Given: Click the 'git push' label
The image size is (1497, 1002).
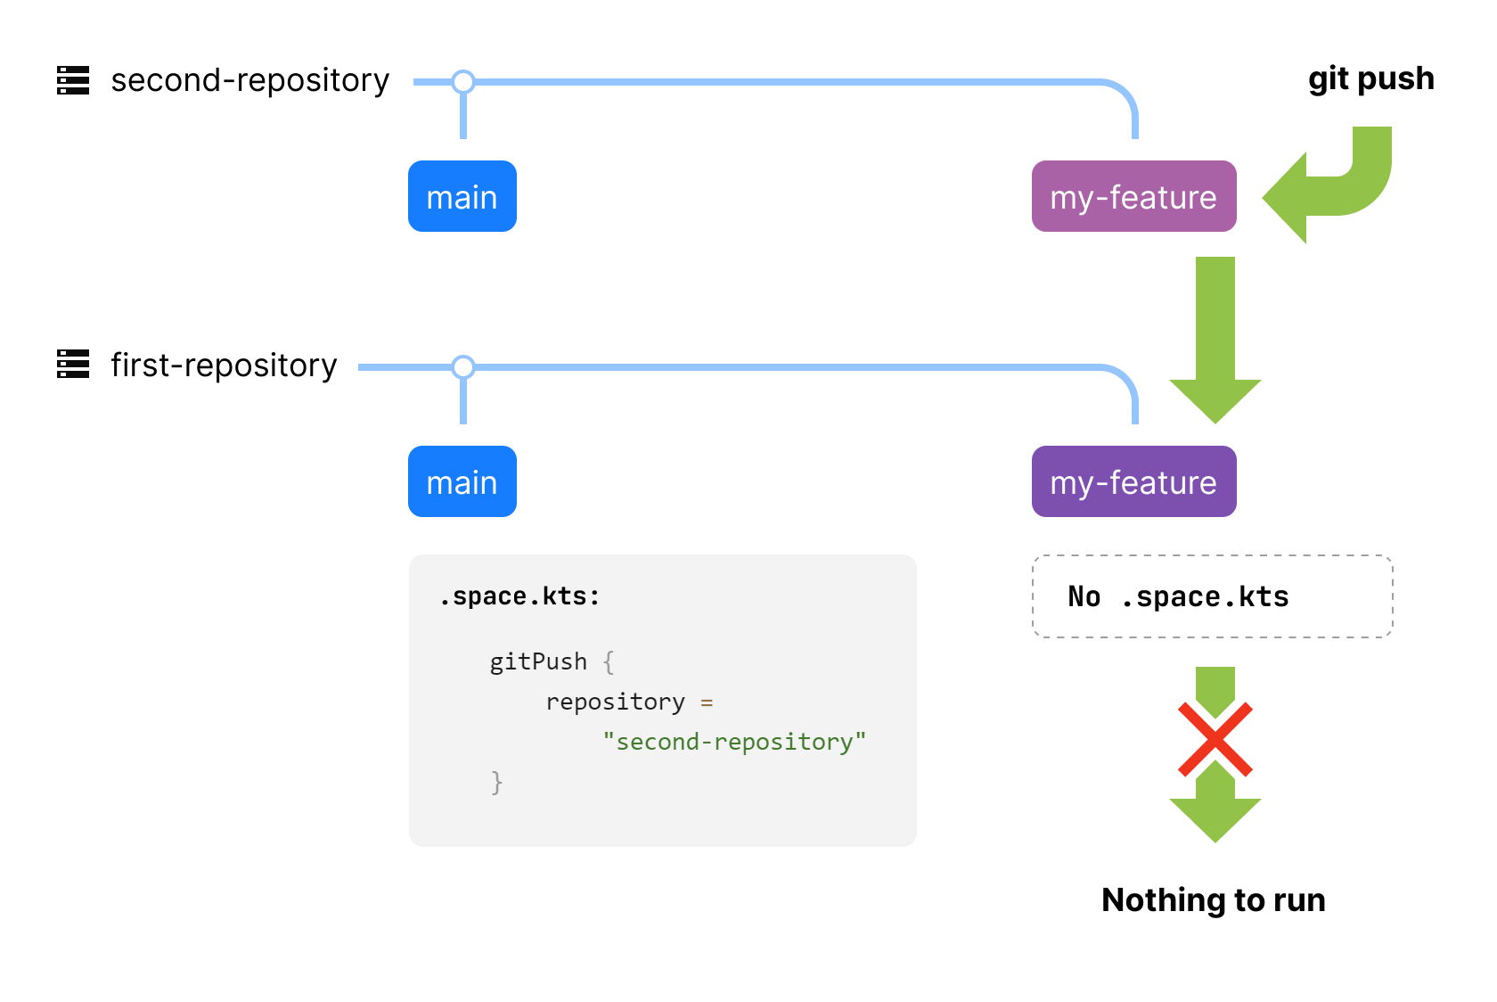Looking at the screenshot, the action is [x=1370, y=79].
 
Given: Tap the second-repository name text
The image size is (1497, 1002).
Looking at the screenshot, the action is [x=250, y=81].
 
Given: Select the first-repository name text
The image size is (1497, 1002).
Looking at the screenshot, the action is [x=224, y=365].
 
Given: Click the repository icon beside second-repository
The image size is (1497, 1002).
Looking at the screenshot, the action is [x=73, y=80].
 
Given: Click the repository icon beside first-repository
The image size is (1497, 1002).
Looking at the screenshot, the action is [x=73, y=364].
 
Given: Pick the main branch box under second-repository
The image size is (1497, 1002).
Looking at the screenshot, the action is [x=462, y=196].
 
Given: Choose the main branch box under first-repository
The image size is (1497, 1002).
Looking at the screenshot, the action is [x=462, y=481].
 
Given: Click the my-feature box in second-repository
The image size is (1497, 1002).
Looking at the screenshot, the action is [x=1134, y=196].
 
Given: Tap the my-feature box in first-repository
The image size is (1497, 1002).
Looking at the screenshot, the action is [x=1134, y=481].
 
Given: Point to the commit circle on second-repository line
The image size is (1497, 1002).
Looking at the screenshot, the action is [x=463, y=81].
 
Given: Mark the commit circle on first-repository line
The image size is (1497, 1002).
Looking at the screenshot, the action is [x=463, y=367].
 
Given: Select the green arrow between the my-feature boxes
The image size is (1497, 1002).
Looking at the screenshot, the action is [x=1215, y=340].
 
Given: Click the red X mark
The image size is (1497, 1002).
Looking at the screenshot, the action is [x=1215, y=739].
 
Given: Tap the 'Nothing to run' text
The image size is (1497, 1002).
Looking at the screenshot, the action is [x=1214, y=899].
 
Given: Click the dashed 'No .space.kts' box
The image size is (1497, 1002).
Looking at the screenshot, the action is [x=1212, y=596].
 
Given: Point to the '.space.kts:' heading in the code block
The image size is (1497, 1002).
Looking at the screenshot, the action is [x=519, y=596].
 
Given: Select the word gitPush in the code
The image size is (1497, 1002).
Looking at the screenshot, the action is [x=538, y=661].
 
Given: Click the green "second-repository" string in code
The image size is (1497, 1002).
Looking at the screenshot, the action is [x=734, y=742].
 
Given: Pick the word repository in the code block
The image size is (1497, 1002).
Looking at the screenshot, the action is [x=615, y=702].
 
